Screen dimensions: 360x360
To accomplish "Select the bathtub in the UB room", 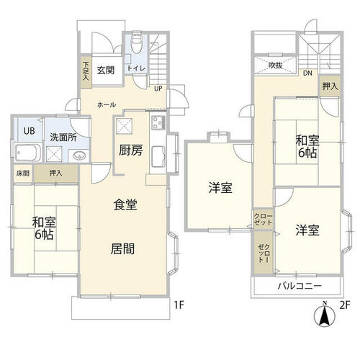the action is [28, 152].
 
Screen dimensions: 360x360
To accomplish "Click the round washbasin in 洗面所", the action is [79, 156].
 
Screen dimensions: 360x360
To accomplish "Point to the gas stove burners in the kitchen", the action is [158, 122].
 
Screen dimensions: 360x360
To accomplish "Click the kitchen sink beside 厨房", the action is [158, 156].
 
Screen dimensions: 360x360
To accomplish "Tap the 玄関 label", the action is [106, 70].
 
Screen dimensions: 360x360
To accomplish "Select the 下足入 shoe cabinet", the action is [86, 71].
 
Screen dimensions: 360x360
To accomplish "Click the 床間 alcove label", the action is [23, 173].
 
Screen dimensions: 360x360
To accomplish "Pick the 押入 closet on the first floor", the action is [57, 174].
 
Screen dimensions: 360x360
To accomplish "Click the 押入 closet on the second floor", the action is [330, 86].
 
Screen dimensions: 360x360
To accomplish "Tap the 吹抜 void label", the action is [275, 65].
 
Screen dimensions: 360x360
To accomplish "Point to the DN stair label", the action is [307, 73].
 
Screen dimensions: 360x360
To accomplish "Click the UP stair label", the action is [158, 89].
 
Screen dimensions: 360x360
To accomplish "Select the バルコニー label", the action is [300, 286].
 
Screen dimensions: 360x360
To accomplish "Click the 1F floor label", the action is [179, 305].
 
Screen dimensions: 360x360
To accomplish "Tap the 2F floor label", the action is [345, 305].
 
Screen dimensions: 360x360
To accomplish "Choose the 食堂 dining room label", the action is [125, 205].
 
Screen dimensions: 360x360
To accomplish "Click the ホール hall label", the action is [107, 104].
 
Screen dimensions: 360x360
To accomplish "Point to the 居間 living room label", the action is [122, 248].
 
